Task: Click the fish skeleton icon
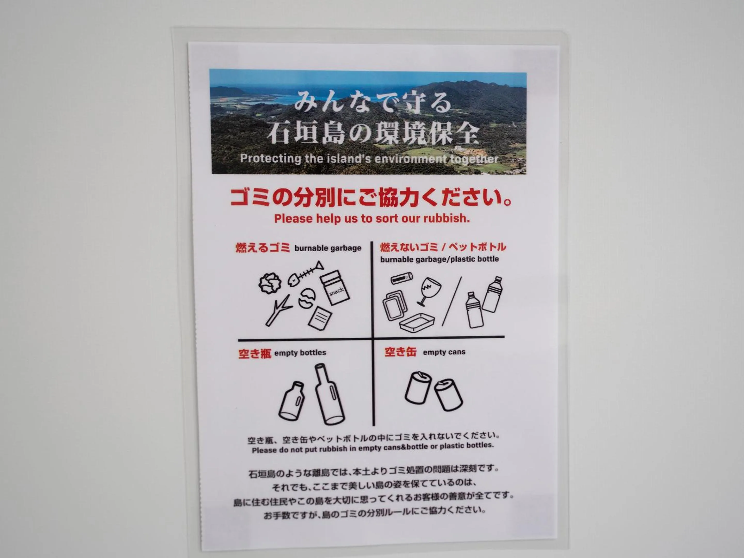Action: click(305, 274)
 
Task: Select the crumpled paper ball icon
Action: click(270, 283)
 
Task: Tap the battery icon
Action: click(402, 278)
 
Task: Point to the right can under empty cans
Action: click(448, 394)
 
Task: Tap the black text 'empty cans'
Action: click(444, 352)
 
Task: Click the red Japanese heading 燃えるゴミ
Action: click(263, 248)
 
